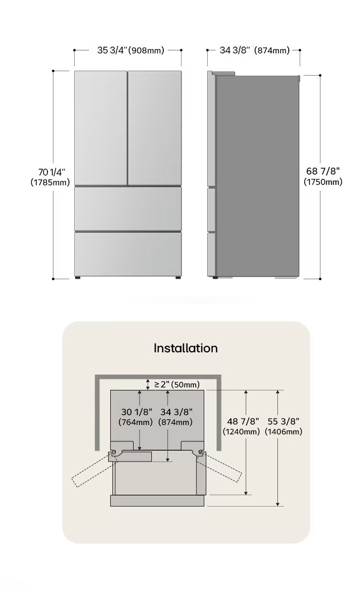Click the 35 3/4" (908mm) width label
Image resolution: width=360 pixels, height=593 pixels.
pyautogui.click(x=131, y=50)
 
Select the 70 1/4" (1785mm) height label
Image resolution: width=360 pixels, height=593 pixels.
pyautogui.click(x=50, y=177)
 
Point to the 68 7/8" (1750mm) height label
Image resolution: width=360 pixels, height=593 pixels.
pyautogui.click(x=323, y=176)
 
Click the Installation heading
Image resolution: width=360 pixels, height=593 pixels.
pyautogui.click(x=186, y=348)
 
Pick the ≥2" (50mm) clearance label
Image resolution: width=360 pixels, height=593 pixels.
pyautogui.click(x=177, y=384)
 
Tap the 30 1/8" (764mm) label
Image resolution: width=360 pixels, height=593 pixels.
pyautogui.click(x=135, y=417)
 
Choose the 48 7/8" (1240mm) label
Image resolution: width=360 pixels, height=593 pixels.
pyautogui.click(x=241, y=426)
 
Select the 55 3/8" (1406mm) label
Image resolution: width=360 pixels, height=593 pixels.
pyautogui.click(x=283, y=426)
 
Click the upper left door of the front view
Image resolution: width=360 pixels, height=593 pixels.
pyautogui.click(x=101, y=128)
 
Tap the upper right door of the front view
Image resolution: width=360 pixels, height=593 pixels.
pyautogui.click(x=155, y=128)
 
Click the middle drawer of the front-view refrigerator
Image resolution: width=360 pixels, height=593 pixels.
pyautogui.click(x=128, y=209)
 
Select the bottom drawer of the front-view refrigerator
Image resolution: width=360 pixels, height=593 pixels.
pyautogui.click(x=128, y=254)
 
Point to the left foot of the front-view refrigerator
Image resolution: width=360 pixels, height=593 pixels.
pyautogui.click(x=78, y=278)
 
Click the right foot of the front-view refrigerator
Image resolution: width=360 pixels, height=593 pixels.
pyautogui.click(x=178, y=278)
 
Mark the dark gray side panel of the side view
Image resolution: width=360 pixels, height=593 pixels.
pyautogui.click(x=258, y=176)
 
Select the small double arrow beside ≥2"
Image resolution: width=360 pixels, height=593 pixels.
pyautogui.click(x=148, y=384)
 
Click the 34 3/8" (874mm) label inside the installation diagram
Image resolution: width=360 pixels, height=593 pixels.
pyautogui.click(x=176, y=417)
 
